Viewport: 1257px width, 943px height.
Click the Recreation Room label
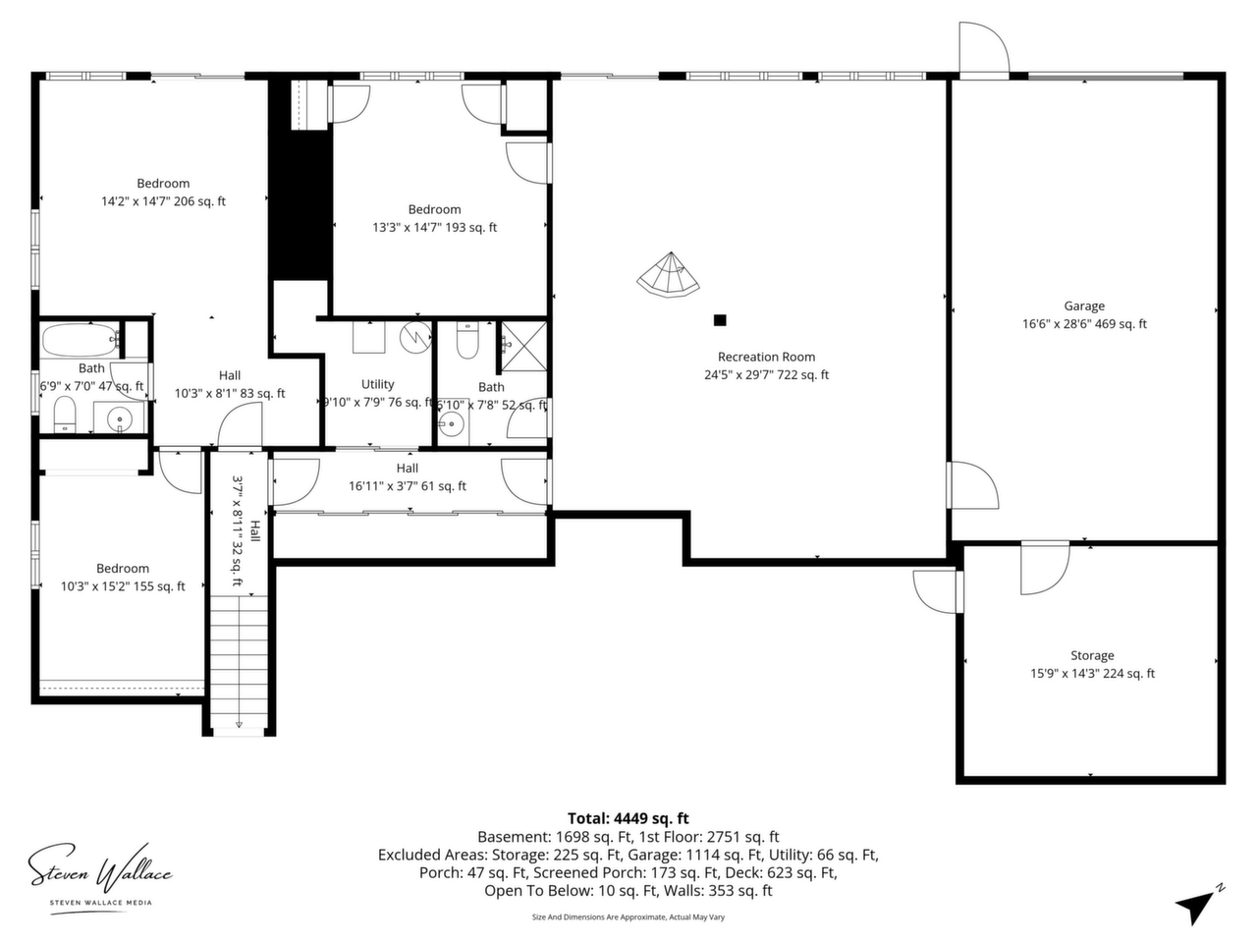click(x=766, y=358)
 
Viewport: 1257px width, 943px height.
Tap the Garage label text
click(x=1084, y=306)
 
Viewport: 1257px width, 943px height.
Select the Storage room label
click(x=1092, y=655)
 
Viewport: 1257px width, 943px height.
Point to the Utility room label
click(x=377, y=384)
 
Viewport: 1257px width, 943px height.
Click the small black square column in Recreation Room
click(x=720, y=320)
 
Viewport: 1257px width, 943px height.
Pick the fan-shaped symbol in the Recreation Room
click(x=668, y=276)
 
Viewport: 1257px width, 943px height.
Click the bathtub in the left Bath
click(x=80, y=341)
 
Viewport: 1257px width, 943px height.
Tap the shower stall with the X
click(x=524, y=347)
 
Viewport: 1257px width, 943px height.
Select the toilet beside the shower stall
click(x=467, y=340)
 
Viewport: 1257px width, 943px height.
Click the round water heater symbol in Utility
click(x=415, y=337)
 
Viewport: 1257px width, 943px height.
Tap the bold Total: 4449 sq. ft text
click(x=628, y=818)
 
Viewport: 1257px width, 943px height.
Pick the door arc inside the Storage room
click(x=1045, y=569)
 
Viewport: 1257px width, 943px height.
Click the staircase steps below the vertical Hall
click(x=239, y=661)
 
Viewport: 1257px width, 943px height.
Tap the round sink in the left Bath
click(x=120, y=419)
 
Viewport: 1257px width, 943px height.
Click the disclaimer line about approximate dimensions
click(x=628, y=916)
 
